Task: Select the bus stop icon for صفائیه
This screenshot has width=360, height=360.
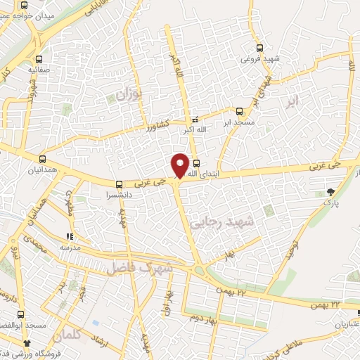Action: tap(38, 59)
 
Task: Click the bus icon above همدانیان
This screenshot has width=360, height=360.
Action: tap(43, 160)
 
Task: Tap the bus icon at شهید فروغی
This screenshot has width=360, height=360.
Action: tap(260, 49)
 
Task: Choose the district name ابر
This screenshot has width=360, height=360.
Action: tap(292, 102)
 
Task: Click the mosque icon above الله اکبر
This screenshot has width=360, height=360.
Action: tap(195, 120)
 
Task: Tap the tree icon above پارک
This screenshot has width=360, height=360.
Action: tap(331, 191)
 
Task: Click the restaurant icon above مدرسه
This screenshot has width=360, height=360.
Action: tap(69, 237)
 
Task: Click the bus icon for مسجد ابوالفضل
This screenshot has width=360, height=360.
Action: tap(22, 315)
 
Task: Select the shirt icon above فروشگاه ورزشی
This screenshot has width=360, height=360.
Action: tap(27, 342)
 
